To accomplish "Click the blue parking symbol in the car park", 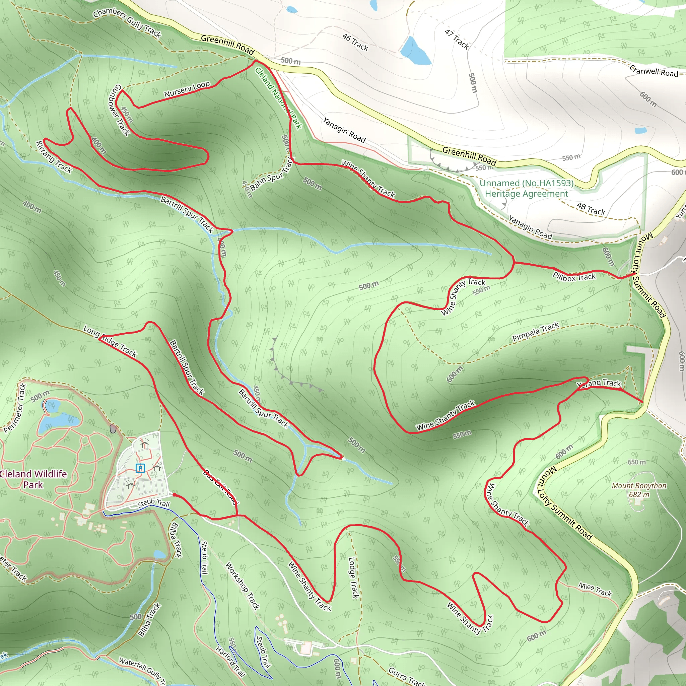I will (x=140, y=468).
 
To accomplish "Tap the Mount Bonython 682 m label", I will (x=639, y=490).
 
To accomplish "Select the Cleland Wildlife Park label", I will (x=33, y=479).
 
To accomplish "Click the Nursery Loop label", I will (x=187, y=89).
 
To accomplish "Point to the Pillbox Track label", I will (x=574, y=277).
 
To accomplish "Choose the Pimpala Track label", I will (x=536, y=332).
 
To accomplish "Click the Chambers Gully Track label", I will (x=127, y=22).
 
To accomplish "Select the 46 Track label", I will (x=355, y=42).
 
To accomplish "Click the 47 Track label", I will (x=457, y=39).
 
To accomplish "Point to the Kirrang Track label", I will (x=54, y=157).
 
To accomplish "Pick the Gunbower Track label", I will (x=119, y=110).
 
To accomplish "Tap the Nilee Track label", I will (x=595, y=590).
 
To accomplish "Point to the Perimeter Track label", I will (x=16, y=408).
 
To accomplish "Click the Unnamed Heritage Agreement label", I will (x=527, y=188).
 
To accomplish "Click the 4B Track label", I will (x=591, y=209).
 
